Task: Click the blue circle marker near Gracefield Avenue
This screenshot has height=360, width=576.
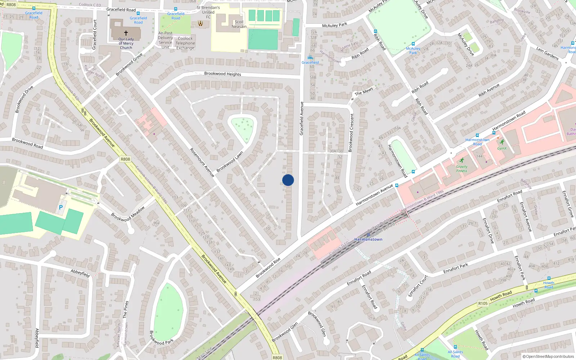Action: point(288,180)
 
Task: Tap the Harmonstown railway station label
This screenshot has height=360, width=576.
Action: point(368,239)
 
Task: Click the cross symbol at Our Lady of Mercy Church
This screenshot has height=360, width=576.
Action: point(126,33)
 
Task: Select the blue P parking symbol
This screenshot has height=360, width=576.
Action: point(61,207)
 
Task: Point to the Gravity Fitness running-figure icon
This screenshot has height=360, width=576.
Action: point(462,161)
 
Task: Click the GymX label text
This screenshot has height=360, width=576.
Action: point(502,148)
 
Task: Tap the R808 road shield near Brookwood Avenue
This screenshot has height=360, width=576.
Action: point(125,159)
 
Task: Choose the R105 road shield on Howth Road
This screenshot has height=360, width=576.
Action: point(483,303)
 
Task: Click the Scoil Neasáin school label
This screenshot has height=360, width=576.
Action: point(239,24)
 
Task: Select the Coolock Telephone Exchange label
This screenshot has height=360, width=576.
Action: point(185,43)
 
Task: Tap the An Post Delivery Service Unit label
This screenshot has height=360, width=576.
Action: point(165,40)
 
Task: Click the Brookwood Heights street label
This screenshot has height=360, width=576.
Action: point(222,74)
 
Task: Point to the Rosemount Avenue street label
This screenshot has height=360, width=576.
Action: point(202,163)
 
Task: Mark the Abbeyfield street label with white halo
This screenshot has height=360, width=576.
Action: point(80,273)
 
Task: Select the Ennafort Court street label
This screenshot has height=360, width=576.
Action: point(418,286)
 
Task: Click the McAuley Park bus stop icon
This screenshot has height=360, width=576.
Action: point(413,44)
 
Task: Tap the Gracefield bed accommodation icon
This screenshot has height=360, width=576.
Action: point(310,58)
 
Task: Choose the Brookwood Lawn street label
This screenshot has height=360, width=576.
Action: point(230,162)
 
